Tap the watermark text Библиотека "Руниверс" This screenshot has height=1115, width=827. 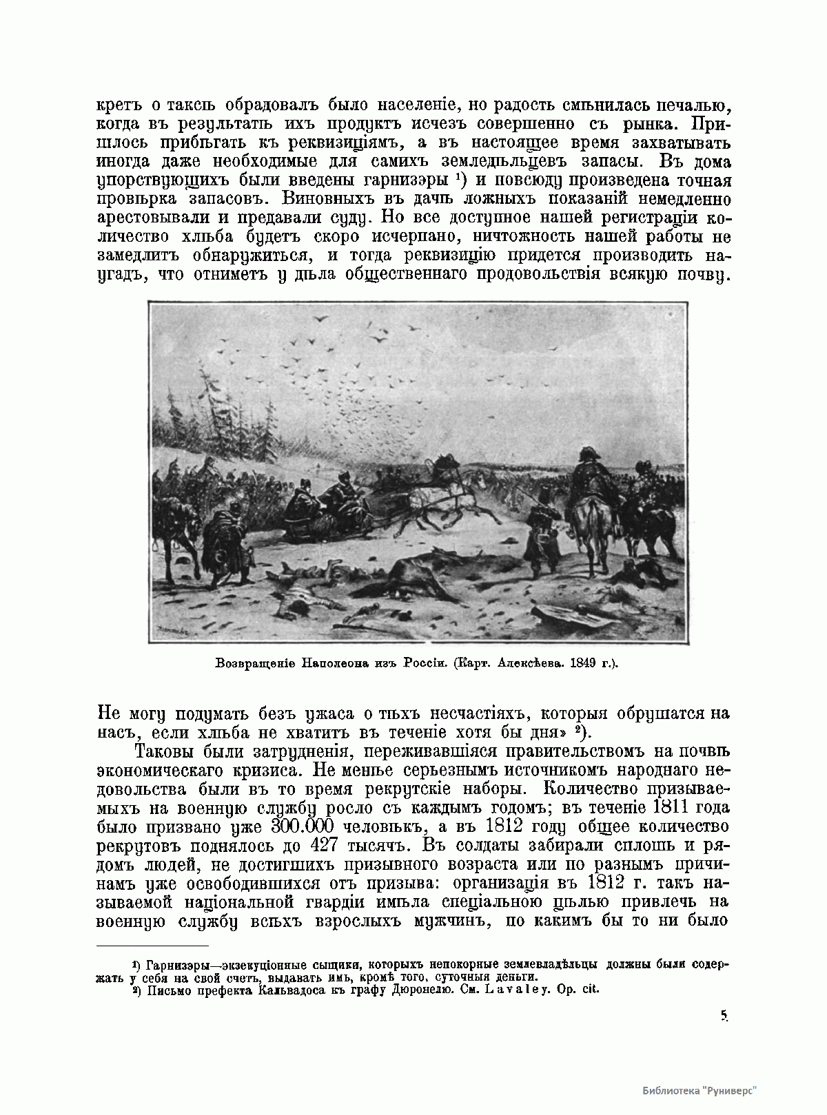point(700,1091)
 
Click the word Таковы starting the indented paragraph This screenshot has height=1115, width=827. point(168,750)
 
